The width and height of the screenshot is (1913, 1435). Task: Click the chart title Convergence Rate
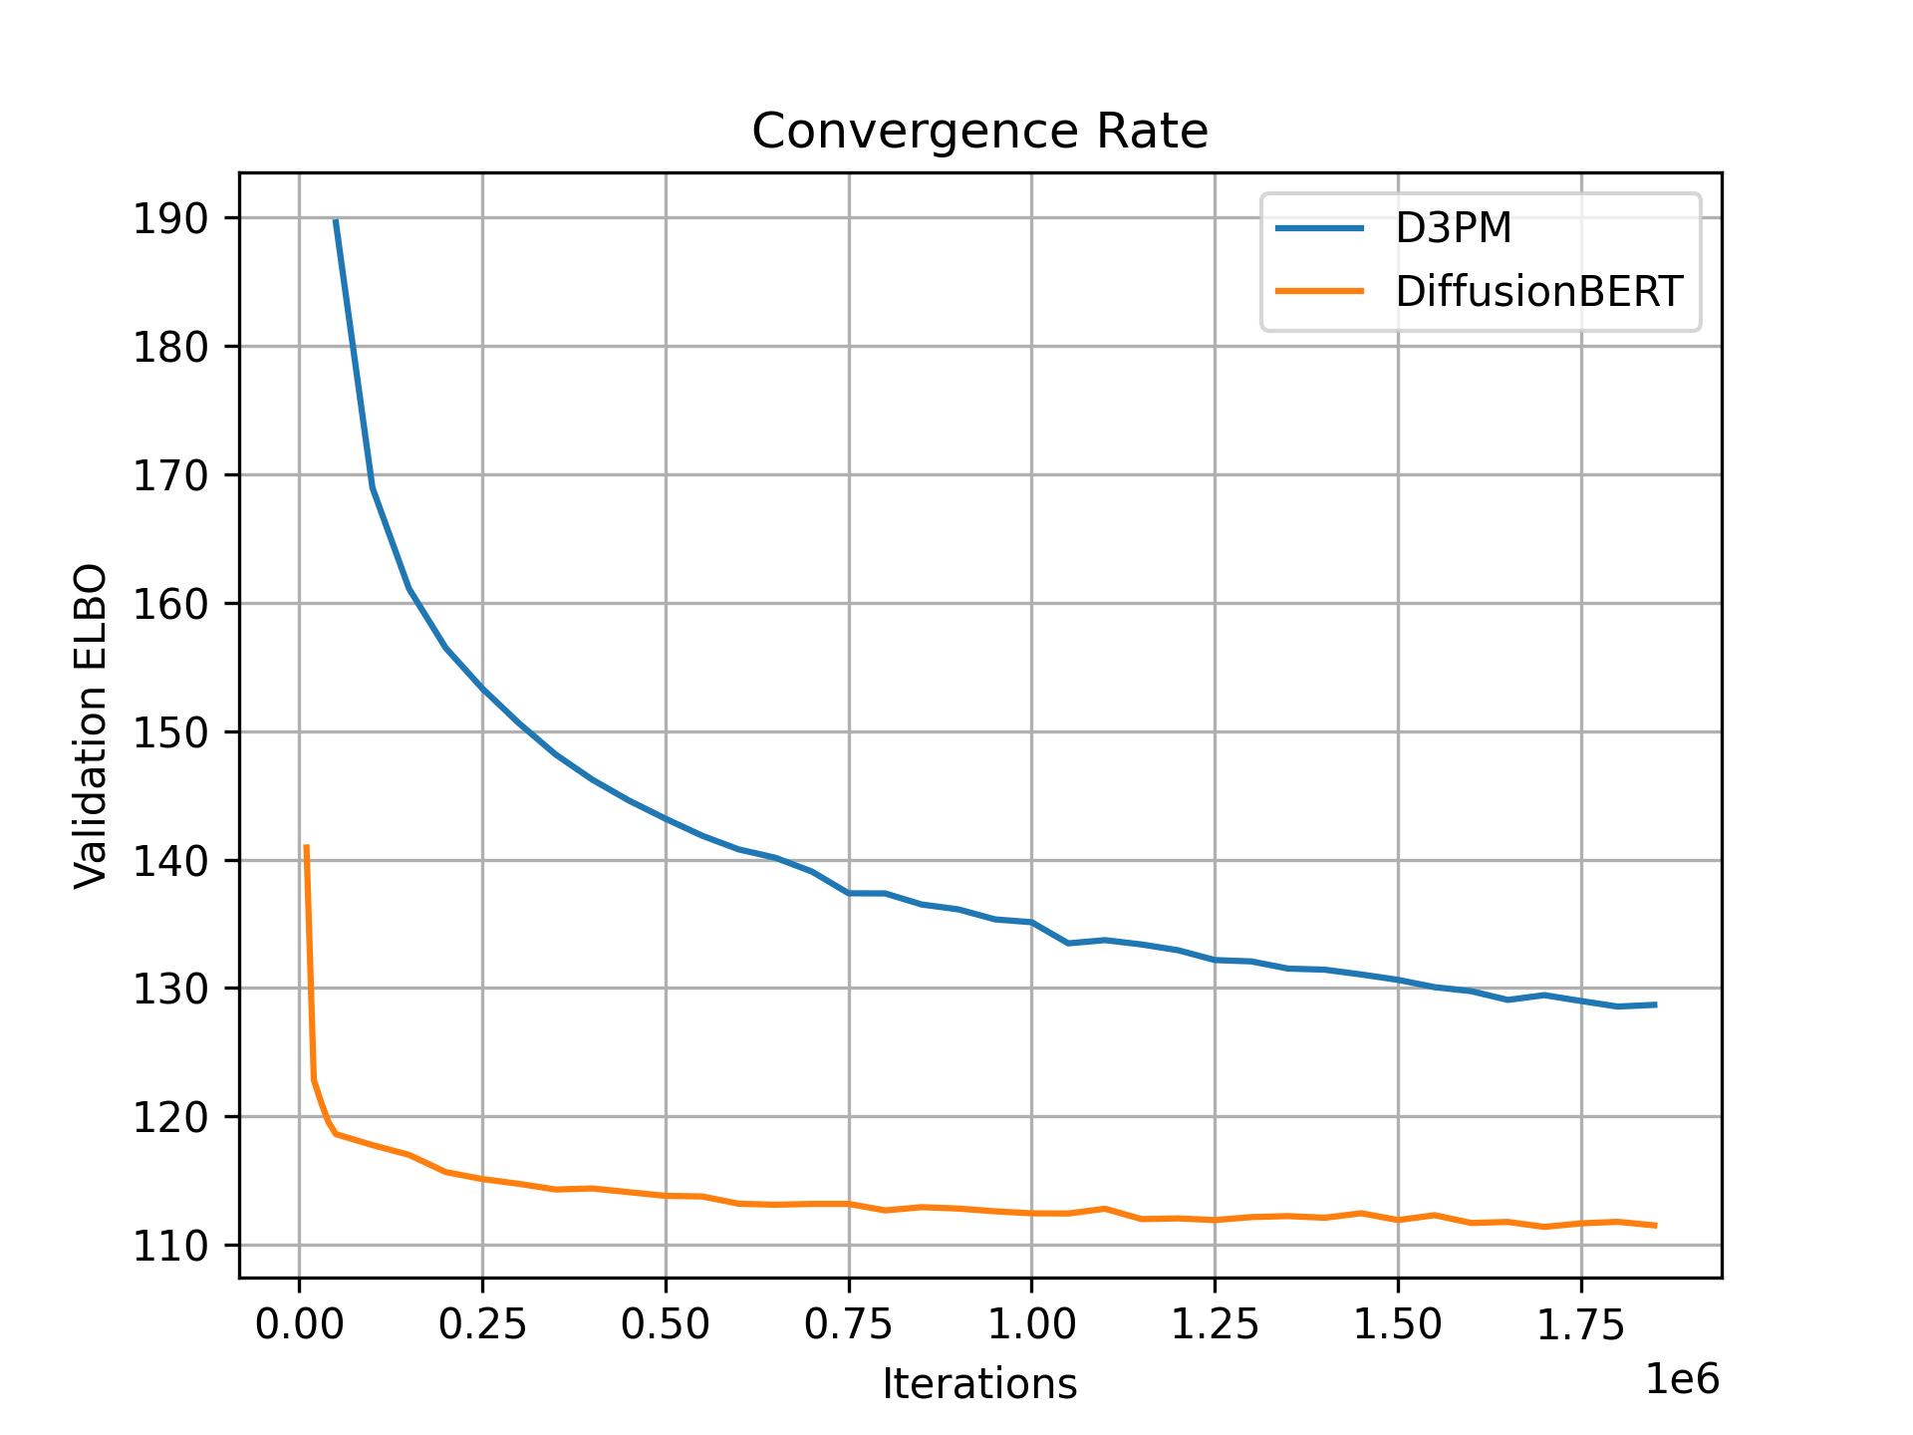(x=979, y=132)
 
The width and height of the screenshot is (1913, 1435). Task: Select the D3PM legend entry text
(x=1453, y=229)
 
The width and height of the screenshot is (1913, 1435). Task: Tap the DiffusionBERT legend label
(x=1538, y=292)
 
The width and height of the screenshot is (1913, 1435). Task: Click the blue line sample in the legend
(x=1319, y=228)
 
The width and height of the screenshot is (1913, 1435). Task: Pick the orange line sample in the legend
(x=1319, y=291)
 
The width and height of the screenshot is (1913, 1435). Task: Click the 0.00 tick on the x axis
(x=299, y=1325)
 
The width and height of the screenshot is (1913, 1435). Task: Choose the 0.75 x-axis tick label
(x=849, y=1325)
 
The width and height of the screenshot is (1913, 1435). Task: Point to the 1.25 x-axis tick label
(x=1215, y=1325)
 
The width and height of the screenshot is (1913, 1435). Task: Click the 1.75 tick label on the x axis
(x=1581, y=1325)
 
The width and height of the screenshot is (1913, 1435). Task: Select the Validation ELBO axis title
(x=91, y=725)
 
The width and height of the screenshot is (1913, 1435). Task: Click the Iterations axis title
(x=979, y=1384)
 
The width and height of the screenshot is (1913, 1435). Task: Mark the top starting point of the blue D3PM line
(x=336, y=220)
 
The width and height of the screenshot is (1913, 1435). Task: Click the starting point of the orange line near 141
(x=306, y=846)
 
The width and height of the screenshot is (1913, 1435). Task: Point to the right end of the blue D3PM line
(x=1655, y=1004)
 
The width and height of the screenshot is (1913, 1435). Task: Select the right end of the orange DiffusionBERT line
(x=1655, y=1226)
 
